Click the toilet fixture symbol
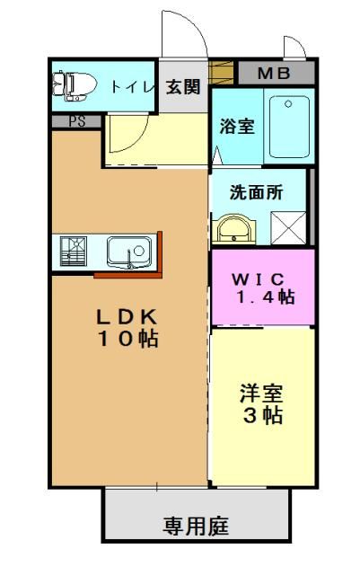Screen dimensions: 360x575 (x=75, y=86)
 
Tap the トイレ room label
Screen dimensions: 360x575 (x=132, y=87)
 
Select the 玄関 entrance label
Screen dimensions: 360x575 (x=183, y=88)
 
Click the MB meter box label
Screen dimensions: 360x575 (x=274, y=74)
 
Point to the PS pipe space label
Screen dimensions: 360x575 (x=77, y=121)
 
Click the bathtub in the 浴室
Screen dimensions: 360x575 (x=289, y=127)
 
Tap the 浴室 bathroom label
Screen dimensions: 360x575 (x=237, y=127)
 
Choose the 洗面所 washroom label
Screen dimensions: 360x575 (x=256, y=192)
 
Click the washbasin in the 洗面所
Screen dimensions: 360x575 (x=234, y=228)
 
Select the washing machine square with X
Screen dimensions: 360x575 (x=288, y=227)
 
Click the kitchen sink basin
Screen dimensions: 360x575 (x=129, y=252)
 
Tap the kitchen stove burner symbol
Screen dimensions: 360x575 (x=74, y=252)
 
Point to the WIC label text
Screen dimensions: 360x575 (x=258, y=279)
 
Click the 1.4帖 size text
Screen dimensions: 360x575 (x=266, y=296)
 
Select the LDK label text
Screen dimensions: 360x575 (x=127, y=317)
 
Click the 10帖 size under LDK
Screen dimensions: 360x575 (x=128, y=339)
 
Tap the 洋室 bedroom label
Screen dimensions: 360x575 (x=262, y=394)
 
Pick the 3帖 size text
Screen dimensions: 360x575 (x=263, y=415)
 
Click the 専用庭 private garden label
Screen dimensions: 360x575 (x=196, y=526)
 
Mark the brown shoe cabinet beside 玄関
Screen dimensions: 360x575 (x=221, y=73)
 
